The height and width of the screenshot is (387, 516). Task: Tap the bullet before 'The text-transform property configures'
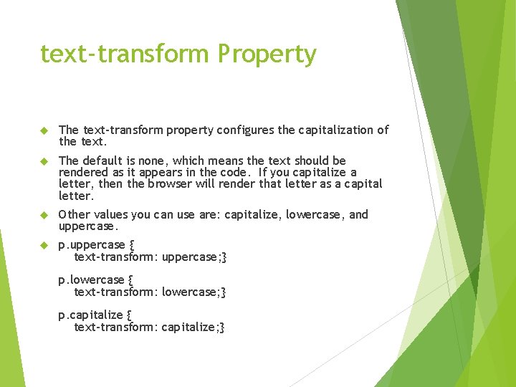click(x=43, y=130)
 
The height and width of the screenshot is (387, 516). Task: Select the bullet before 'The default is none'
click(x=43, y=161)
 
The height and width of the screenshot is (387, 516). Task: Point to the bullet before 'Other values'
click(x=43, y=215)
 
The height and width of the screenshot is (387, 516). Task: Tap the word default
click(x=105, y=161)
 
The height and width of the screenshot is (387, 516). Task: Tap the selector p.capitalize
click(x=90, y=315)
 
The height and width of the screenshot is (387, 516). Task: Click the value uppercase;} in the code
click(x=194, y=257)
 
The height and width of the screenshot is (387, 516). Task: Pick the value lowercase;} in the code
click(x=193, y=292)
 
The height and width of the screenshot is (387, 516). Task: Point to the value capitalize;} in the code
click(x=193, y=327)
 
